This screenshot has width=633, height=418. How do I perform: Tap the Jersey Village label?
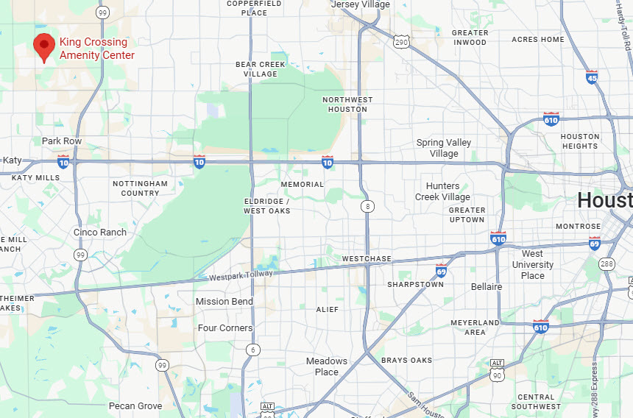click(x=360, y=4)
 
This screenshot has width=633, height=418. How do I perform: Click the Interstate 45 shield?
click(x=592, y=77)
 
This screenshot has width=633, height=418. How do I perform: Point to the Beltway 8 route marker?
click(x=367, y=207)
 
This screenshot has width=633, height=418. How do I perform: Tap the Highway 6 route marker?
click(x=252, y=349)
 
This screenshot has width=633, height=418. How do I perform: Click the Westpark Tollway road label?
click(x=241, y=275)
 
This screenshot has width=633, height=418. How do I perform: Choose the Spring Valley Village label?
click(x=444, y=148)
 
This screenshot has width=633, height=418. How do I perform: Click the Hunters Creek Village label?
click(x=442, y=191)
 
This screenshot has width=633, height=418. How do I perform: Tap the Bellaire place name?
click(x=487, y=286)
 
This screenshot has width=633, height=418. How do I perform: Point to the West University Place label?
click(x=533, y=265)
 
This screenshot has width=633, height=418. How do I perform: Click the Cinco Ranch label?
click(x=100, y=232)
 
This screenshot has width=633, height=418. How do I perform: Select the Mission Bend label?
click(x=224, y=301)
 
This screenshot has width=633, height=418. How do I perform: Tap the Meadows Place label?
click(x=327, y=366)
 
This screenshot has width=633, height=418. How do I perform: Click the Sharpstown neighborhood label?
click(x=416, y=284)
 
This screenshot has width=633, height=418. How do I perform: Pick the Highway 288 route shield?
click(x=607, y=264)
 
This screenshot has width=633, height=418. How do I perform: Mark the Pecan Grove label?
click(x=135, y=405)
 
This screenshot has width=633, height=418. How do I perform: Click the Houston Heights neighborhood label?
click(x=580, y=141)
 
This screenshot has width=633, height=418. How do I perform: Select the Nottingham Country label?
click(x=140, y=188)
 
